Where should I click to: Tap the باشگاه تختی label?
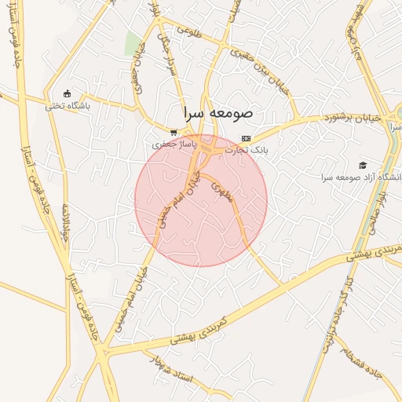point(68,105)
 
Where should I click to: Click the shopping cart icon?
point(174,133)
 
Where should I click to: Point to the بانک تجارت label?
point(247,149)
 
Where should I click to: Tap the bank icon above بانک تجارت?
point(247,137)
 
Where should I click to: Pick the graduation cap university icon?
point(363,165)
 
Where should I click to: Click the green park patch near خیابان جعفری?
point(132,44)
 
